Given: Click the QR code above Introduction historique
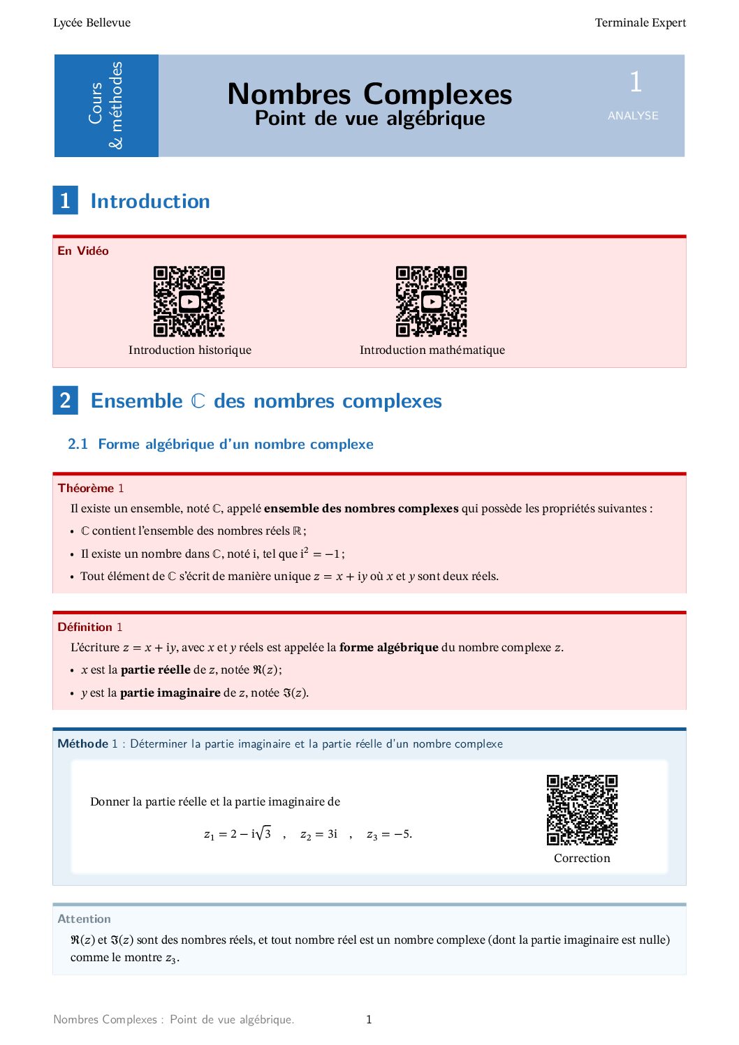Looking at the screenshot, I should (189, 302).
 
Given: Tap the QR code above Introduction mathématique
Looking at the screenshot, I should (431, 302).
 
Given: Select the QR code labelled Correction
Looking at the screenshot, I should (582, 810).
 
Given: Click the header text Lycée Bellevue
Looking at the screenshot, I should (92, 23).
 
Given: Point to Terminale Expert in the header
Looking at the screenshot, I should (640, 23).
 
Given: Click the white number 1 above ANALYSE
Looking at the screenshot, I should (635, 82).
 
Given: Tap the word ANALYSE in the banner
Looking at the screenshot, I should (633, 116).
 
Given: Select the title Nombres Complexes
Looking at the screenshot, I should (369, 94).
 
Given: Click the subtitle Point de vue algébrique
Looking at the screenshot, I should (369, 119).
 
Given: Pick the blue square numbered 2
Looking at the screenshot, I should (65, 401).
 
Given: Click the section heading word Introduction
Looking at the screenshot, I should (150, 202).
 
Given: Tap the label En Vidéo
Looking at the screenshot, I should (83, 251).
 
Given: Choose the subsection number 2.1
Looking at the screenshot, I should (78, 445).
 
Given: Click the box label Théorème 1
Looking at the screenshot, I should (91, 488).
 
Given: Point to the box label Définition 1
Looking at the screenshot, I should (90, 627).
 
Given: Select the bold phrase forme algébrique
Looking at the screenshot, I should (388, 648).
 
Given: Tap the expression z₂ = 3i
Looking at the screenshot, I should (319, 834).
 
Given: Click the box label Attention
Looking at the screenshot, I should (84, 919).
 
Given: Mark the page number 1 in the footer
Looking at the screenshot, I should (369, 1020).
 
